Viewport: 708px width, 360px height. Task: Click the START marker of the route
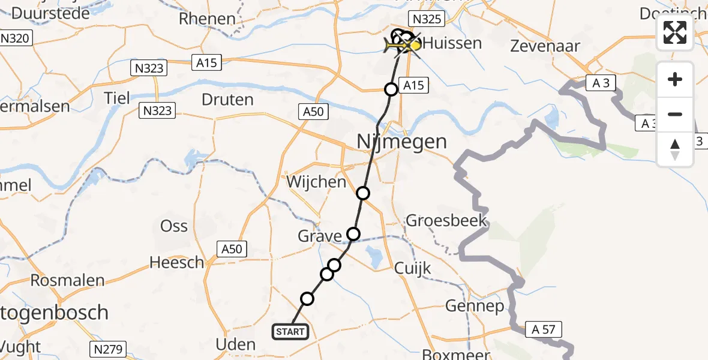click(x=291, y=331)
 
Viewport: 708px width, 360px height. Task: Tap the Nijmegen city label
click(x=401, y=142)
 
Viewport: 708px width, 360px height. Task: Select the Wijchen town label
click(x=316, y=181)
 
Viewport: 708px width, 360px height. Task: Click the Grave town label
click(x=320, y=236)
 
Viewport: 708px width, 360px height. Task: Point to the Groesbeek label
click(x=446, y=220)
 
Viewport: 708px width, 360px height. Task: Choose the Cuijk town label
click(x=413, y=268)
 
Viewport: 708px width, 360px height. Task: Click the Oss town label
click(x=174, y=226)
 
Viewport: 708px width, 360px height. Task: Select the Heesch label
click(x=177, y=262)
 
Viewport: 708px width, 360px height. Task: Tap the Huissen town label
click(x=451, y=43)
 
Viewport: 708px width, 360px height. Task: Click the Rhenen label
click(x=207, y=19)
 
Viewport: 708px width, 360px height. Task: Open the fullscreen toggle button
click(x=675, y=32)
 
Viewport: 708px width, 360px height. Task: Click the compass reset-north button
click(x=675, y=149)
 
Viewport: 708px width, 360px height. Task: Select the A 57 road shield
click(x=544, y=328)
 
